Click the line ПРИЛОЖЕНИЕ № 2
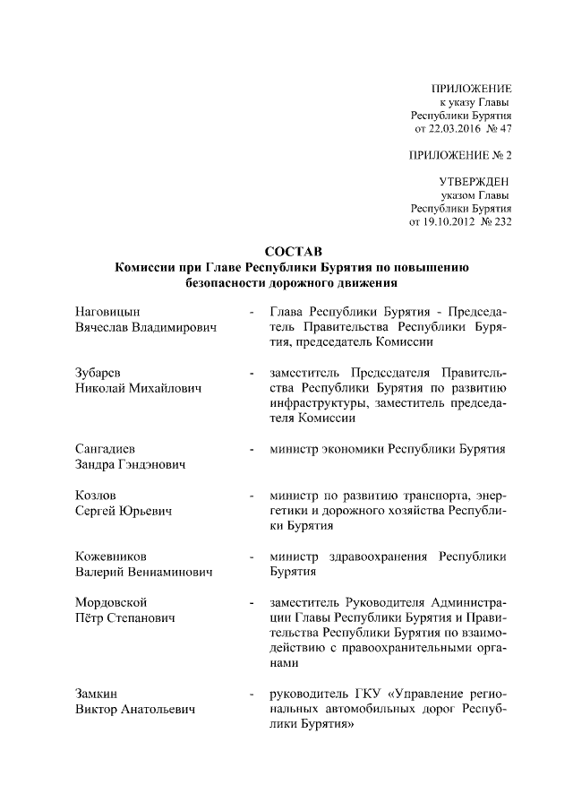point(459,155)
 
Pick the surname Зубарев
point(98,373)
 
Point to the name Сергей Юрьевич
point(124,510)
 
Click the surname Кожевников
point(112,556)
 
